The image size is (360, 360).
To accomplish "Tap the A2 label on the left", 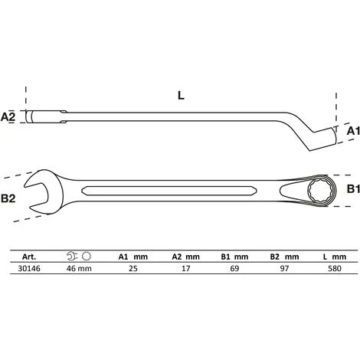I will tap(9, 117).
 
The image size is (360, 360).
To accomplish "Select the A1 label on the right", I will tap(352, 131).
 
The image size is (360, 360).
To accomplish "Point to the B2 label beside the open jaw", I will tap(10, 198).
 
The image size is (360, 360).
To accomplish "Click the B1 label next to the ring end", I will tap(352, 188).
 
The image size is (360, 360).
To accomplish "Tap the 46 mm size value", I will tap(74, 270).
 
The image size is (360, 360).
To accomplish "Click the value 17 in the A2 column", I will tap(180, 270).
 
